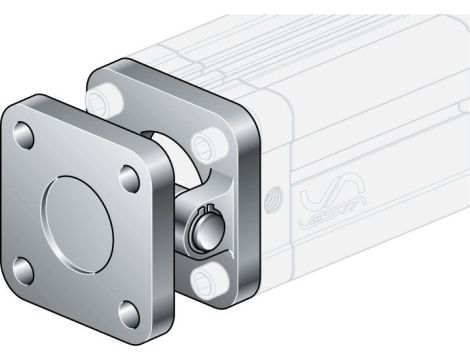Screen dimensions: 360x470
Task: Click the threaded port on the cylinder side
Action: (x=271, y=193)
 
